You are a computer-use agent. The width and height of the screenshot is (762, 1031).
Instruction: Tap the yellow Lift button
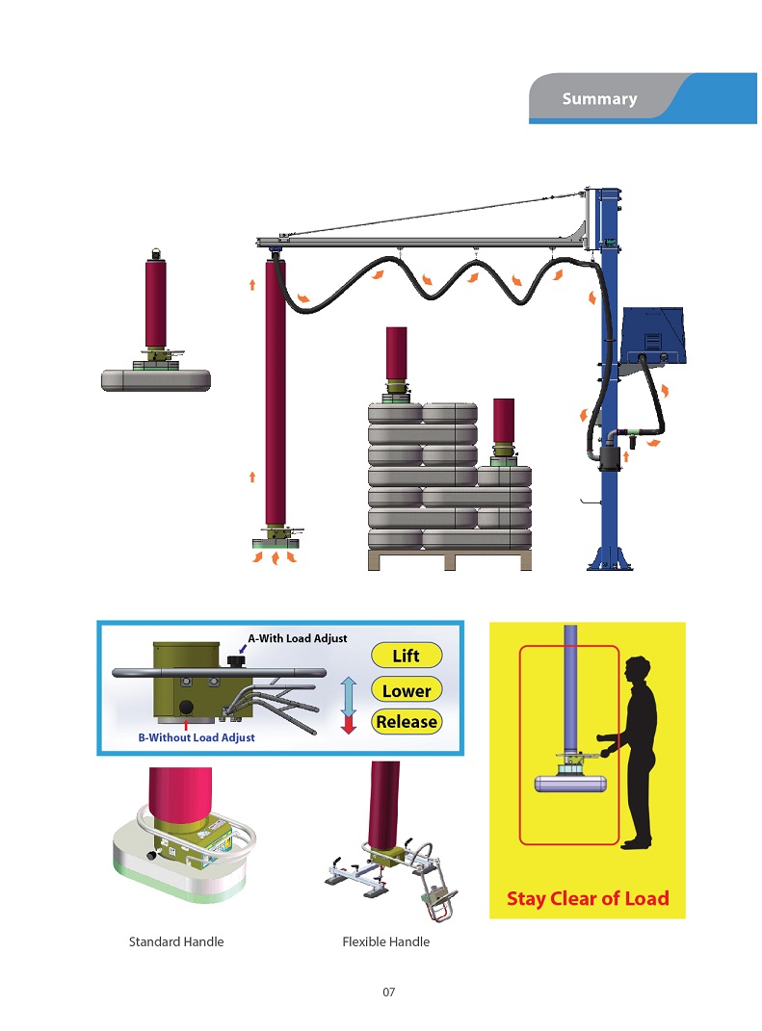point(406,656)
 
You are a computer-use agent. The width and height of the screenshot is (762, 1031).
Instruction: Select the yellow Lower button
point(406,690)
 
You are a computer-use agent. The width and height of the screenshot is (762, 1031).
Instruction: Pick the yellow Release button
point(406,721)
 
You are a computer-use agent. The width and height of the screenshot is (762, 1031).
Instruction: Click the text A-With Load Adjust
point(298,638)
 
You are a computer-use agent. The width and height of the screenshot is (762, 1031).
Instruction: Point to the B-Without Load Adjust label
point(197,737)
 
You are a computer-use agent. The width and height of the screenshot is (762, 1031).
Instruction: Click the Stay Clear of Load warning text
point(588,898)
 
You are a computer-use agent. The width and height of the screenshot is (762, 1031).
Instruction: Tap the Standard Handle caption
point(176,941)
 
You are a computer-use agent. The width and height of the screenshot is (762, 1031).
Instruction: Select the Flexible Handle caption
point(385,941)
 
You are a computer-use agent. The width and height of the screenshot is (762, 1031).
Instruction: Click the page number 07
point(389,992)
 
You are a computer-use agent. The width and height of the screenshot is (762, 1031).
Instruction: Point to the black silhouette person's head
point(637,671)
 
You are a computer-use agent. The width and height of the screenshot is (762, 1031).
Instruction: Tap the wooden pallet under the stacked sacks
point(450,559)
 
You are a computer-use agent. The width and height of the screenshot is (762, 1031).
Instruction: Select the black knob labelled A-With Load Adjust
point(236,659)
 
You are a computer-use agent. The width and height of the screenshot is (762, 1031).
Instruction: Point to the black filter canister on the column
point(610,459)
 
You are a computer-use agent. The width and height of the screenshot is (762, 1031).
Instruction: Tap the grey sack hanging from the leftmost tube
point(156,380)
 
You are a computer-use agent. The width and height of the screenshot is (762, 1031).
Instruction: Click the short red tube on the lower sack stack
point(504,422)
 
